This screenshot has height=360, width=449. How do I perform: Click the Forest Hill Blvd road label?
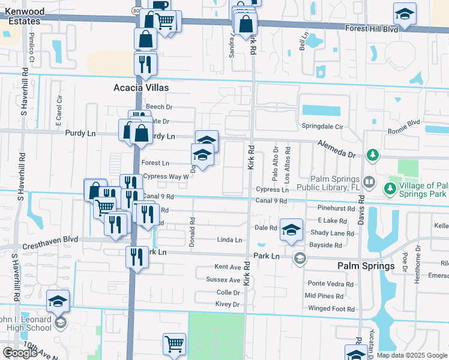click(372, 28)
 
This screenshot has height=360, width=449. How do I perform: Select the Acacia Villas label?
click(141, 88)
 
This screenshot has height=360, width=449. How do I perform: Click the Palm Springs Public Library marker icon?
click(369, 181)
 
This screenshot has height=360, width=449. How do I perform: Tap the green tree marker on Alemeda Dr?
click(373, 155)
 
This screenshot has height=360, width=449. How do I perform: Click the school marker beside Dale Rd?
click(291, 229)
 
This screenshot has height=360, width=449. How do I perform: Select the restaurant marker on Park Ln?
click(137, 257)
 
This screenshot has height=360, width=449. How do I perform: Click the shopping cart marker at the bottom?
click(174, 344)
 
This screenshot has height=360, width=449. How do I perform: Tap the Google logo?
click(20, 353)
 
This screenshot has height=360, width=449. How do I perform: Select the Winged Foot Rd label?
click(331, 309)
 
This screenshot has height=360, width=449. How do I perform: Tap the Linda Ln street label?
click(229, 240)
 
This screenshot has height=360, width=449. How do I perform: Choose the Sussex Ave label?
click(223, 280)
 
